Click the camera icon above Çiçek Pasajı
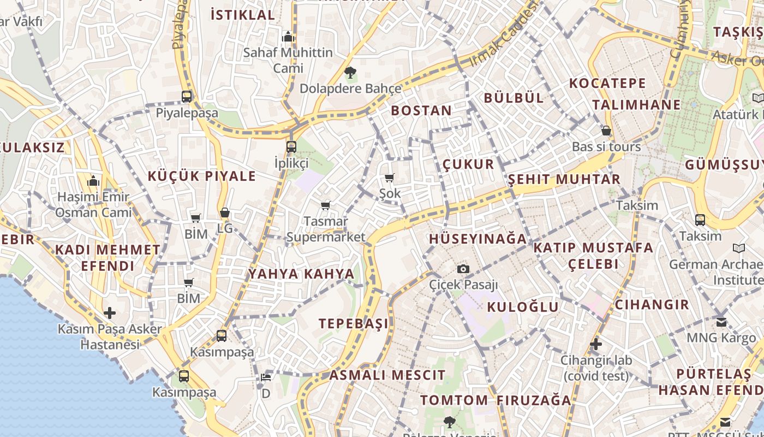point(463,269)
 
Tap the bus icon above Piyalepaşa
point(187,97)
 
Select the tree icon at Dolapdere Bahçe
point(350,72)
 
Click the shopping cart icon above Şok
point(390,178)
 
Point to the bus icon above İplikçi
point(291,146)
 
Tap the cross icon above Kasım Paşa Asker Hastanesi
point(110,313)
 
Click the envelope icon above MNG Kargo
point(721,322)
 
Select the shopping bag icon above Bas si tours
point(606,131)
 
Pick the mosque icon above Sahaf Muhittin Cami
point(288,37)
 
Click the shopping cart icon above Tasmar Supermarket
point(326,206)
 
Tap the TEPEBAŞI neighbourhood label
point(354,323)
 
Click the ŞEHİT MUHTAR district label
point(564,180)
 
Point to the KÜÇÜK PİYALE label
point(202,176)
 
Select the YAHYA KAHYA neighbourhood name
point(301,274)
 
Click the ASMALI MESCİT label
point(387,375)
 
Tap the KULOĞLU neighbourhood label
point(523,307)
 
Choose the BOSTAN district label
point(421,110)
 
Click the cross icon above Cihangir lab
point(596,344)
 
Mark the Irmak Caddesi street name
point(503,35)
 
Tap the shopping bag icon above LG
point(225,212)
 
